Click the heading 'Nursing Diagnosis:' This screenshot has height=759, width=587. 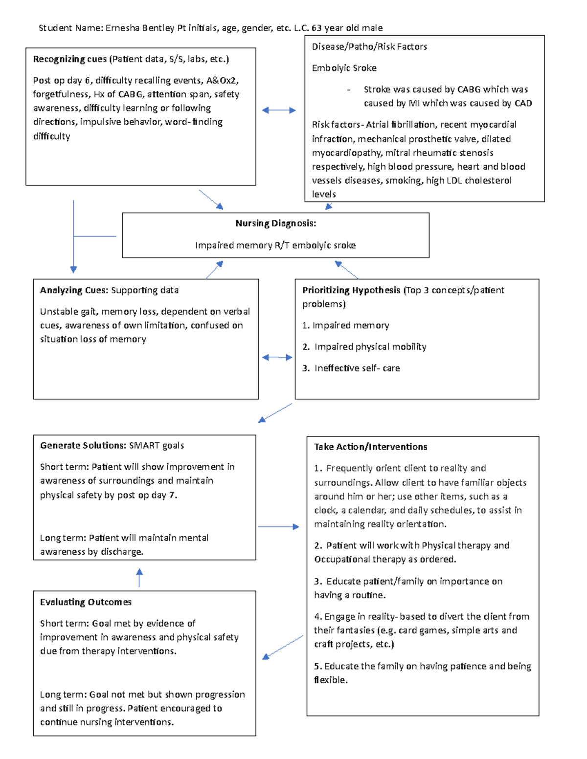pyautogui.click(x=275, y=223)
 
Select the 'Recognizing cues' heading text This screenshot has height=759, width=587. pyautogui.click(x=70, y=59)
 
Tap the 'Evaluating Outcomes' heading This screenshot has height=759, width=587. pyautogui.click(x=86, y=602)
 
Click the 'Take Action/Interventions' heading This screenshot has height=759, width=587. pyautogui.click(x=370, y=447)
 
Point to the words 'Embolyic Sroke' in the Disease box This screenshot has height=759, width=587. pyautogui.click(x=344, y=68)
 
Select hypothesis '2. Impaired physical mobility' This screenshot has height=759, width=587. pyautogui.click(x=364, y=347)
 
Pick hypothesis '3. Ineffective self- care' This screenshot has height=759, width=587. pyautogui.click(x=351, y=368)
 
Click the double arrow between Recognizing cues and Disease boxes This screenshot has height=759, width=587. pyautogui.click(x=279, y=110)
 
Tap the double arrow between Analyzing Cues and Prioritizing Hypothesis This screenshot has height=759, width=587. pyautogui.click(x=277, y=357)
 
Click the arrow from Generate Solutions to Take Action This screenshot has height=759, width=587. pyautogui.click(x=278, y=527)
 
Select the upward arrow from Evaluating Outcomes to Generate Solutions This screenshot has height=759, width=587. pyautogui.click(x=139, y=577)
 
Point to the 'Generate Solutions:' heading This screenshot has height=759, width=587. pyautogui.click(x=83, y=445)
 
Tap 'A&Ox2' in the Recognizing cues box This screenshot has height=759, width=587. pyautogui.click(x=223, y=80)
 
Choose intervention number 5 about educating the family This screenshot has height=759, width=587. pyautogui.click(x=423, y=672)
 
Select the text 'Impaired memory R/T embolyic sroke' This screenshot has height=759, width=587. pyautogui.click(x=275, y=245)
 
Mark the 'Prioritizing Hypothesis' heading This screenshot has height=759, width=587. pyautogui.click(x=351, y=290)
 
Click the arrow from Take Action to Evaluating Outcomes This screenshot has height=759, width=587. pyautogui.click(x=283, y=647)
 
